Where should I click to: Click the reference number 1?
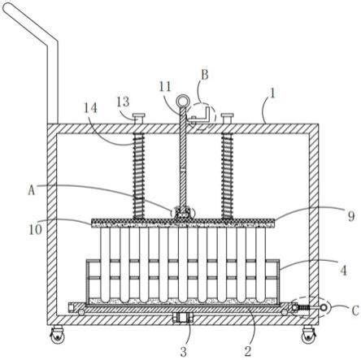pos(272,93)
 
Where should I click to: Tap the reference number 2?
pos(248,351)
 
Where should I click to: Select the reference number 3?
pos(184,351)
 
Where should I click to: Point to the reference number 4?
pos(343,270)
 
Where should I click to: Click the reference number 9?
pos(351,216)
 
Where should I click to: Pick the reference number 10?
pos(35,229)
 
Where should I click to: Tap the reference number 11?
pos(165,87)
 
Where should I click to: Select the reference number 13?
pos(123,102)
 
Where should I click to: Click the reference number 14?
pos(90,108)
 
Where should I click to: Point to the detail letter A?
pos(32,190)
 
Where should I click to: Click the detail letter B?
pos(205,75)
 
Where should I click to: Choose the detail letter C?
pos(355,310)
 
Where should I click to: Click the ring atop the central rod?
pos(180,100)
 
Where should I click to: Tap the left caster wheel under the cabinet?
pos(58,336)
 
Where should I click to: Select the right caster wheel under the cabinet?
pos(309,336)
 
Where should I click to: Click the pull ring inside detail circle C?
pos(324,307)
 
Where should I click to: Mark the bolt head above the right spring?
pos(227,117)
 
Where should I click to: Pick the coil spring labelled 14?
pos(138,176)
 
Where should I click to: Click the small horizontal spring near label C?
pos(304,308)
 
